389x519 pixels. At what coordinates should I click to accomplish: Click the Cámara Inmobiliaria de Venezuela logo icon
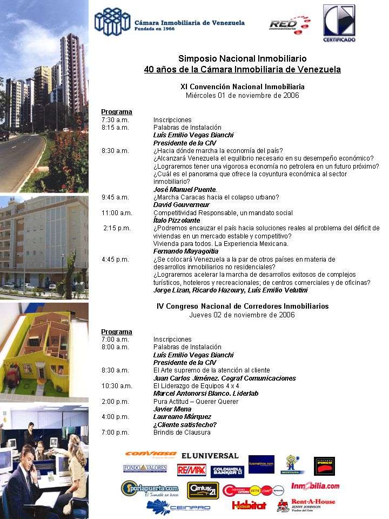click(112, 22)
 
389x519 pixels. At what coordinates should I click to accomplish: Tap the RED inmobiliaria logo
click(290, 24)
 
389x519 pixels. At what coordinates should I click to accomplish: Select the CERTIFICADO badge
click(339, 23)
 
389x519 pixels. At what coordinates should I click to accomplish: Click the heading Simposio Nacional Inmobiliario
click(243, 58)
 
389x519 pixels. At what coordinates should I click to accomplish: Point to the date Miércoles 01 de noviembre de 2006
click(243, 95)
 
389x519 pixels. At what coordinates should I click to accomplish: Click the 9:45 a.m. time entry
click(115, 197)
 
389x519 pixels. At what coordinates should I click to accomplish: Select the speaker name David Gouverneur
click(182, 205)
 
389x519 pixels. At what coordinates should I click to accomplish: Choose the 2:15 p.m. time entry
click(117, 228)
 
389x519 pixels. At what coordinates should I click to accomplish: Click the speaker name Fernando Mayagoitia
click(186, 251)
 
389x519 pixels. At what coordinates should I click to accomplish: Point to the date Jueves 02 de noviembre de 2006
click(243, 315)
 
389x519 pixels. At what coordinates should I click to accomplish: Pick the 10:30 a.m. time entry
click(117, 386)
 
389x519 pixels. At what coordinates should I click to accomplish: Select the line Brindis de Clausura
click(182, 432)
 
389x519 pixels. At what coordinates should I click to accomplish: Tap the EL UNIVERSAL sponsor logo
click(210, 456)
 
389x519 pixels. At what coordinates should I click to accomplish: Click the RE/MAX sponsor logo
click(191, 470)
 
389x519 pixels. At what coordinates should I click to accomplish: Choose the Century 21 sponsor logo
click(203, 490)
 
